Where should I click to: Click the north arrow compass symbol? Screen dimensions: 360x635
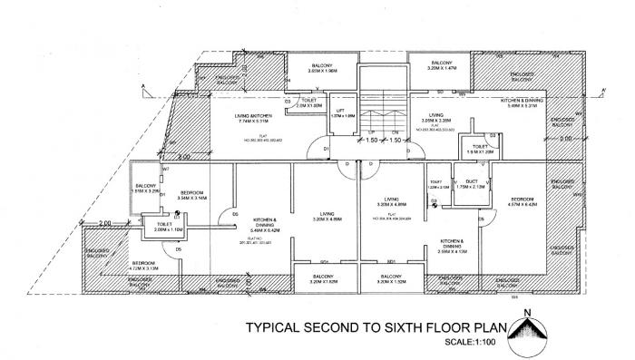pyautogui.click(x=527, y=332)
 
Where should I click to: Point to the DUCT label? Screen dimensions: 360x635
pyautogui.click(x=472, y=184)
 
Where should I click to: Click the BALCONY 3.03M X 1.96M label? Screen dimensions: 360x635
pyautogui.click(x=322, y=68)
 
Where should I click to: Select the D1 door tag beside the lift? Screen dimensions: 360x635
pyautogui.click(x=325, y=149)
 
